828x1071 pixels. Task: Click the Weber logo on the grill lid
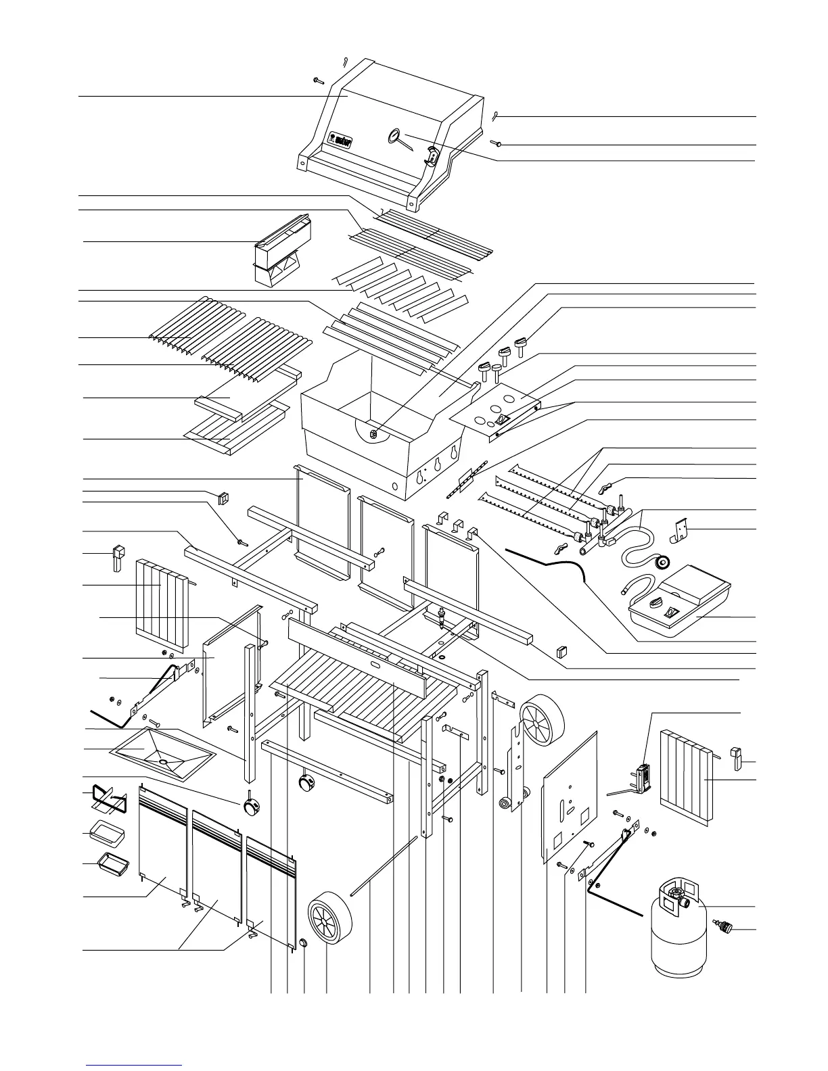pos(342,139)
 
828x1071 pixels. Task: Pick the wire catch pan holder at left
pos(109,800)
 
